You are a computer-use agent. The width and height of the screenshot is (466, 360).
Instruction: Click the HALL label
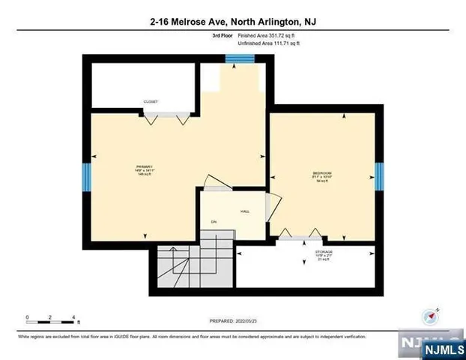pos(244,212)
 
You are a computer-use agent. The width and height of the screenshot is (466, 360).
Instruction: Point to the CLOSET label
pos(151,101)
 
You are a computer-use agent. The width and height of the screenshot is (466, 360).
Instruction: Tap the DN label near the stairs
pos(214,222)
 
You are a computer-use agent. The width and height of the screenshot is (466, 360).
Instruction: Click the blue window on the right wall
pos(379,177)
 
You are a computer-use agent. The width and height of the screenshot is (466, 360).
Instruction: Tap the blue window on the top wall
pos(240,58)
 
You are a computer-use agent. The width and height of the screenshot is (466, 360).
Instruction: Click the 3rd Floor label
pos(223,35)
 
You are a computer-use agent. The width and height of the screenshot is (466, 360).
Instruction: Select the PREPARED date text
pos(233,321)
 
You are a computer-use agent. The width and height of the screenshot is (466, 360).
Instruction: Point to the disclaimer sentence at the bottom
pos(192,337)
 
